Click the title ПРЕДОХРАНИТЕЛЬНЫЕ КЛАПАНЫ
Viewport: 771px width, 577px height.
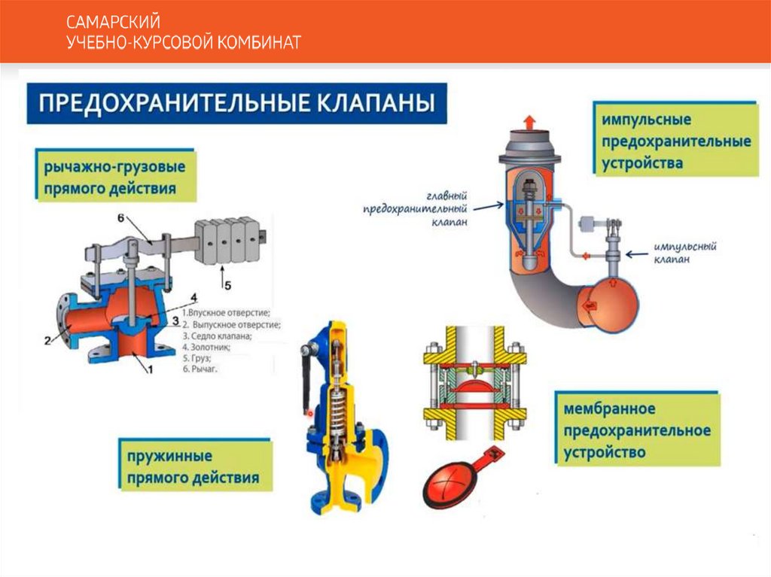(x=236, y=103)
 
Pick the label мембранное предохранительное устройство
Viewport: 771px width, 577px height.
(x=636, y=431)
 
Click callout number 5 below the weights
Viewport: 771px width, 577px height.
(x=224, y=285)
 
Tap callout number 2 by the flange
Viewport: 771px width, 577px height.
(x=47, y=340)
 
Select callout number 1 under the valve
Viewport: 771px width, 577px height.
(x=150, y=369)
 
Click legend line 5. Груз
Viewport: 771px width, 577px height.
(x=197, y=360)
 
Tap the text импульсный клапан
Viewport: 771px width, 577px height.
(x=684, y=252)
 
